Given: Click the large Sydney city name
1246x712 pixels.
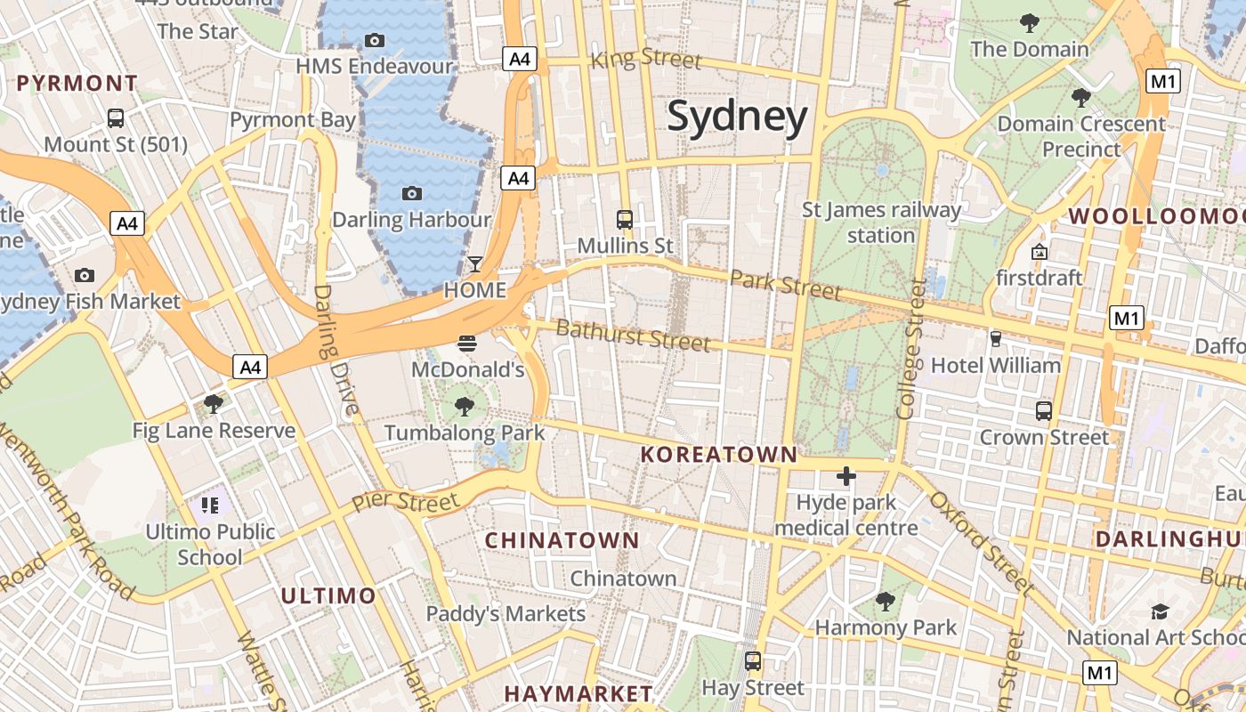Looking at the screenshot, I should click(x=737, y=117).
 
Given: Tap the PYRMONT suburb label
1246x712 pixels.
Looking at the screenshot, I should click(x=77, y=84).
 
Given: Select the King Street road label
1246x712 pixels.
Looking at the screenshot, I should click(x=646, y=60).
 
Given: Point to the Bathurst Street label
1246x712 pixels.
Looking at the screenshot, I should click(x=633, y=336).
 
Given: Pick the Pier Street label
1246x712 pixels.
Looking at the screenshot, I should click(x=405, y=500).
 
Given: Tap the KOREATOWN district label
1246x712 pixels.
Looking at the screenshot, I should click(x=719, y=455).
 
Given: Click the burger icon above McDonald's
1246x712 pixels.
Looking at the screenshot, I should click(x=467, y=344).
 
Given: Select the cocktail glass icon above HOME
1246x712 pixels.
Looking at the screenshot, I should click(x=475, y=264).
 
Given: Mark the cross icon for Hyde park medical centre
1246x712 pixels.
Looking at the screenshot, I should click(x=845, y=476).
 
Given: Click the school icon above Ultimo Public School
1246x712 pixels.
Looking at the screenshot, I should click(x=210, y=506).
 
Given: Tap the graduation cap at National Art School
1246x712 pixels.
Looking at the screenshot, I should click(x=1159, y=611).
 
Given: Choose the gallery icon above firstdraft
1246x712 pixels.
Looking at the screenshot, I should click(x=1039, y=252).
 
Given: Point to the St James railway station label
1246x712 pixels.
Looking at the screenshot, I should click(x=881, y=222).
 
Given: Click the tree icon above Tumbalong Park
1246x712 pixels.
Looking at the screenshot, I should click(x=464, y=407).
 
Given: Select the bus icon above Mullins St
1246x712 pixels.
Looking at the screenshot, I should click(x=625, y=219).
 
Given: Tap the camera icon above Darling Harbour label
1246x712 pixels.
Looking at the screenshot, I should click(x=411, y=193).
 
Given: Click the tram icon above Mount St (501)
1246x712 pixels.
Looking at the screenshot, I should click(x=116, y=117).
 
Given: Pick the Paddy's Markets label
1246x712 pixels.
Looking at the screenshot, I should click(x=506, y=613).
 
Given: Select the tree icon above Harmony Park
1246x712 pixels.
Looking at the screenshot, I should click(x=885, y=602).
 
